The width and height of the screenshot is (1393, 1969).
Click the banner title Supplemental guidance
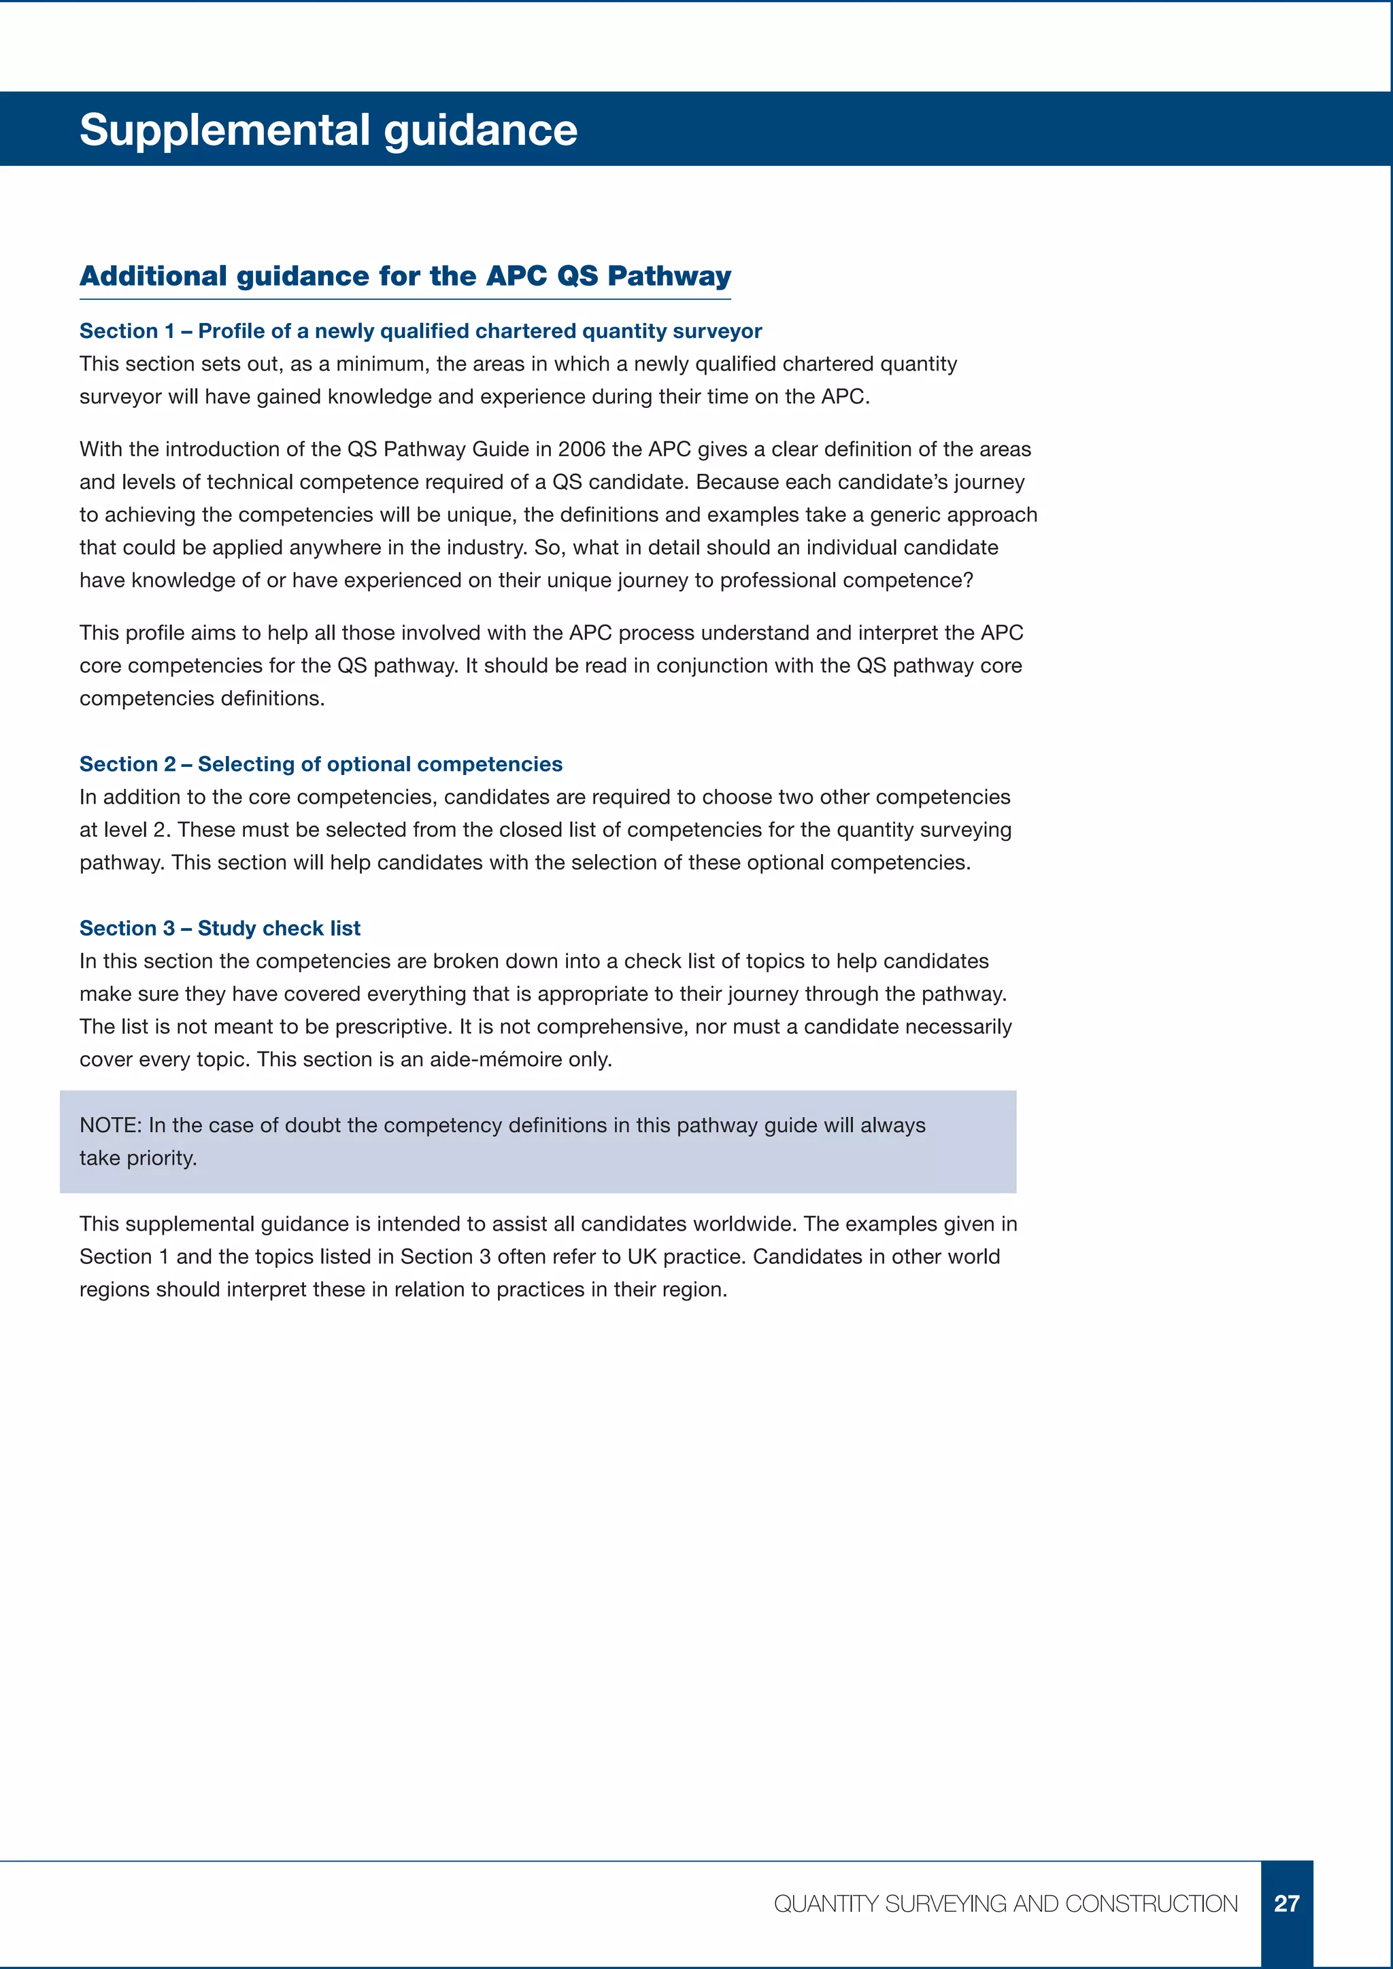click(x=328, y=131)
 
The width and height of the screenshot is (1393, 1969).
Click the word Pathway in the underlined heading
click(x=669, y=276)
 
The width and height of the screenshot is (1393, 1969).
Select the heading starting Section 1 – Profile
click(x=420, y=331)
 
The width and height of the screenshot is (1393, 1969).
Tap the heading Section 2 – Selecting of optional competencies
click(x=321, y=764)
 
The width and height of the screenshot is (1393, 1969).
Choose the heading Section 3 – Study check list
click(x=220, y=928)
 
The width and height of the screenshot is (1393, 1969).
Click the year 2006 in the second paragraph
click(x=582, y=449)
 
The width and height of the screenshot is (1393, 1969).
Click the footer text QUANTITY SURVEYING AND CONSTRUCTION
click(x=1005, y=1904)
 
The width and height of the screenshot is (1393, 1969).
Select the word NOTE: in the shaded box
click(x=111, y=1125)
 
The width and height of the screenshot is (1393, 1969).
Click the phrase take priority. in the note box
click(x=138, y=1158)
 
